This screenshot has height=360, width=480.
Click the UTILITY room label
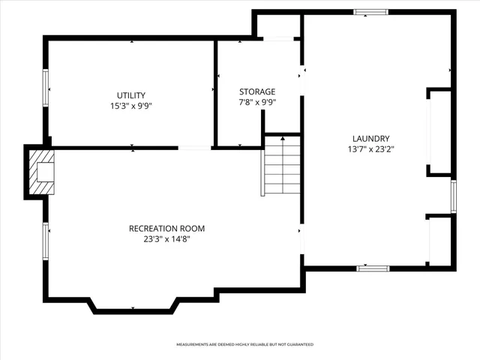click(130, 95)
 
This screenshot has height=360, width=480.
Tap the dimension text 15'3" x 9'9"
click(130, 106)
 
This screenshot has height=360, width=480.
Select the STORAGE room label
click(257, 91)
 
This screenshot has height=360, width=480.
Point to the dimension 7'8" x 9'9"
click(257, 102)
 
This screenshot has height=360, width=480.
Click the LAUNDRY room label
click(370, 139)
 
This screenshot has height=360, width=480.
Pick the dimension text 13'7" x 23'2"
click(370, 149)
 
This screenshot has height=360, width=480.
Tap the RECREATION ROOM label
click(166, 229)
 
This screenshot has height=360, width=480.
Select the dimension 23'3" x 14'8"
click(166, 239)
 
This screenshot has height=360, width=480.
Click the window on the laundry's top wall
click(371, 12)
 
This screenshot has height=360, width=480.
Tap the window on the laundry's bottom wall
click(373, 268)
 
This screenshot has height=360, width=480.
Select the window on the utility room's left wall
click(46, 89)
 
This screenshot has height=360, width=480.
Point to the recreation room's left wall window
click(46, 241)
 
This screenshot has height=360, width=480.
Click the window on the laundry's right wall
click(453, 196)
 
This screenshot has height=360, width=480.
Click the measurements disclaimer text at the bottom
click(244, 344)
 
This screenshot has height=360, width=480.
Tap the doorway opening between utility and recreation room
click(194, 148)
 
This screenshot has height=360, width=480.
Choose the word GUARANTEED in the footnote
click(298, 344)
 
